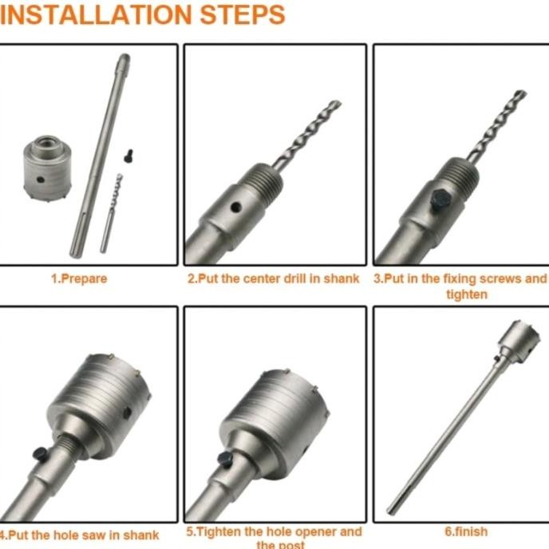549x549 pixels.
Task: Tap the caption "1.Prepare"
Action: (x=79, y=279)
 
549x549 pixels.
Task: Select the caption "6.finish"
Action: (x=465, y=531)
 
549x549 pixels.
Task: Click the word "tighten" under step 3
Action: (x=466, y=294)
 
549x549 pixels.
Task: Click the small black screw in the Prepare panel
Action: (x=128, y=156)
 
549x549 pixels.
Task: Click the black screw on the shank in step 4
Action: (x=40, y=453)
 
